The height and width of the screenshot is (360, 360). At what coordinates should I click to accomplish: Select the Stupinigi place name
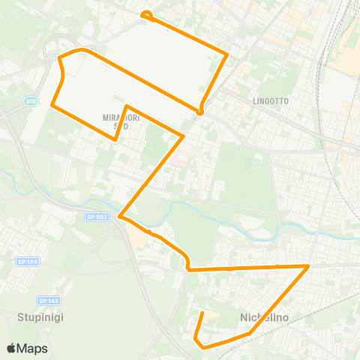[x=40, y=316]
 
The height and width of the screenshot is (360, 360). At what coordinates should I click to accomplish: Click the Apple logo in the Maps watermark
[x=11, y=348]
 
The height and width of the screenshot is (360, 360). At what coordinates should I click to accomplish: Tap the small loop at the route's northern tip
[x=146, y=13]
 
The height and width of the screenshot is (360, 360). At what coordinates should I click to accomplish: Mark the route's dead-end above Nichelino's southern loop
[x=202, y=312]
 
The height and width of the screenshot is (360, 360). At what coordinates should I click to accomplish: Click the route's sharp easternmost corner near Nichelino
[x=308, y=265]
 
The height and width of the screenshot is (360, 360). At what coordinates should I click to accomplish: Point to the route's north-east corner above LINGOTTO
[x=226, y=53]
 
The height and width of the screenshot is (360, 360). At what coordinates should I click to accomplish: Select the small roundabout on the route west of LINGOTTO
[x=200, y=112]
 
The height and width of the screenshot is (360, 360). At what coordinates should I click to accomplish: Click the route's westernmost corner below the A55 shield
[x=52, y=105]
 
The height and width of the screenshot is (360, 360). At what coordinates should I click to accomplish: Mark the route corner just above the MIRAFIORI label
[x=127, y=106]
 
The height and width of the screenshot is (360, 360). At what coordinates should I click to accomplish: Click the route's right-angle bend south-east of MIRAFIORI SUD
[x=183, y=136]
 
